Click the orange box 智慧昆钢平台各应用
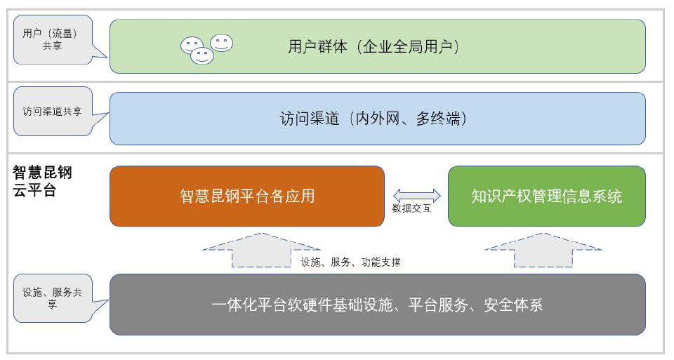coord(247,196)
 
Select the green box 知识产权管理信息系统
coord(547,196)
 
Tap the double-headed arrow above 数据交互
coord(416,196)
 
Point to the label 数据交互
coord(411,208)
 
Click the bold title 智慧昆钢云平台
coord(42,181)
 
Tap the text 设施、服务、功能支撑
coord(350,262)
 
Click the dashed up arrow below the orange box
coord(261,250)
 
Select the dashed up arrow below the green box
coord(543,250)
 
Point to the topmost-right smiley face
coord(222,43)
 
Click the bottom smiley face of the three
coord(202,56)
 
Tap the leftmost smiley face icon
coord(191,45)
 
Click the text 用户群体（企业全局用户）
coord(374,46)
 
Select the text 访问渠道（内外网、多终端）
coord(373,118)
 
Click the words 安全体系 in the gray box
coord(513,305)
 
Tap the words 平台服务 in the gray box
coord(438,305)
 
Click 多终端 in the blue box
coord(438,118)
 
